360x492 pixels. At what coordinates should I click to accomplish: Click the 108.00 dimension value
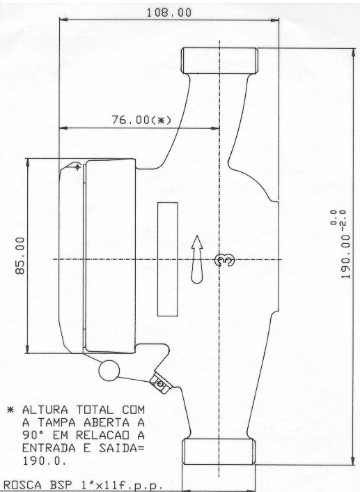tap(169, 13)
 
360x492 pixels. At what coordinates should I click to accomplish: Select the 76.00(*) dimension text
tap(141, 120)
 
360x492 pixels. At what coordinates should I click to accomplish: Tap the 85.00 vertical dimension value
tap(20, 256)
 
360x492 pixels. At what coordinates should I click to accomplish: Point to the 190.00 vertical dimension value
tap(345, 256)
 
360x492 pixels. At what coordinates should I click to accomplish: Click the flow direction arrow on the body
tap(197, 259)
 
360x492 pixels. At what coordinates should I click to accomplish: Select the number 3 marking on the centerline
tap(224, 260)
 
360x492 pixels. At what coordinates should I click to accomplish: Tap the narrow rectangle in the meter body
tap(167, 259)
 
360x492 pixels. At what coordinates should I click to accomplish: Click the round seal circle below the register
tap(109, 371)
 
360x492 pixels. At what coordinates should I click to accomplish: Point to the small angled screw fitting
tap(161, 383)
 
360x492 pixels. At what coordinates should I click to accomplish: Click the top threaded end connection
tap(220, 61)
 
